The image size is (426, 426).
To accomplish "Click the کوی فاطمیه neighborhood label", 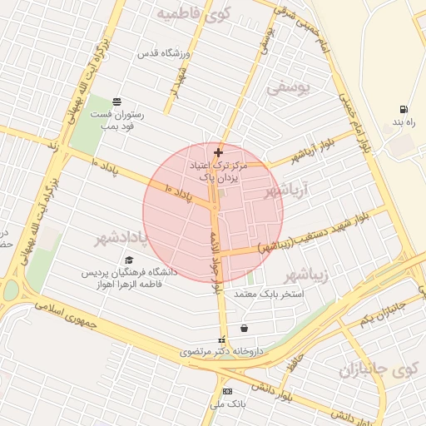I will [x=193, y=13].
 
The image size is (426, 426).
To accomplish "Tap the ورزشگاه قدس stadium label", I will [x=165, y=54].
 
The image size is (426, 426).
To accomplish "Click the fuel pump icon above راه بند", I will [x=404, y=110].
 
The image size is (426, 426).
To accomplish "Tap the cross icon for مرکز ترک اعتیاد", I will [x=218, y=152].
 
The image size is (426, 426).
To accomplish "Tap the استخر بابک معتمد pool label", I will [x=269, y=295].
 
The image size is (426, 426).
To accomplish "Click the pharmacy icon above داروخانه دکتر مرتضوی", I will [x=221, y=339].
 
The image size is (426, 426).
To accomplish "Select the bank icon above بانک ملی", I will [x=227, y=391].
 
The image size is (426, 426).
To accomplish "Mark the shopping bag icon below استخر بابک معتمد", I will [x=243, y=328].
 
